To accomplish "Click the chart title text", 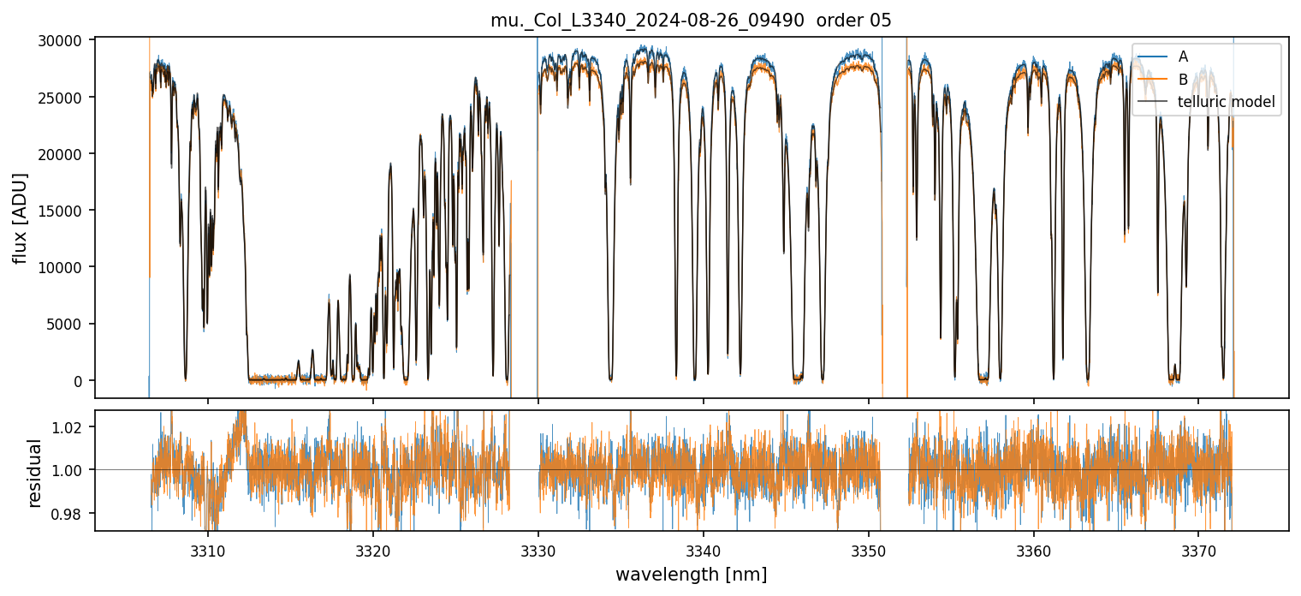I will [x=691, y=21].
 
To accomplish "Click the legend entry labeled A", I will [x=1183, y=57].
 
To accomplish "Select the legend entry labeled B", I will [x=1183, y=80].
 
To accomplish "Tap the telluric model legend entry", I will [x=1227, y=102].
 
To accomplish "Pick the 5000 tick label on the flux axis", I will [x=68, y=325].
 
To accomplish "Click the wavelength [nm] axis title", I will [x=691, y=574].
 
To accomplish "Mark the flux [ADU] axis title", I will [x=21, y=218].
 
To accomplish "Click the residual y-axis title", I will [x=34, y=472].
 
